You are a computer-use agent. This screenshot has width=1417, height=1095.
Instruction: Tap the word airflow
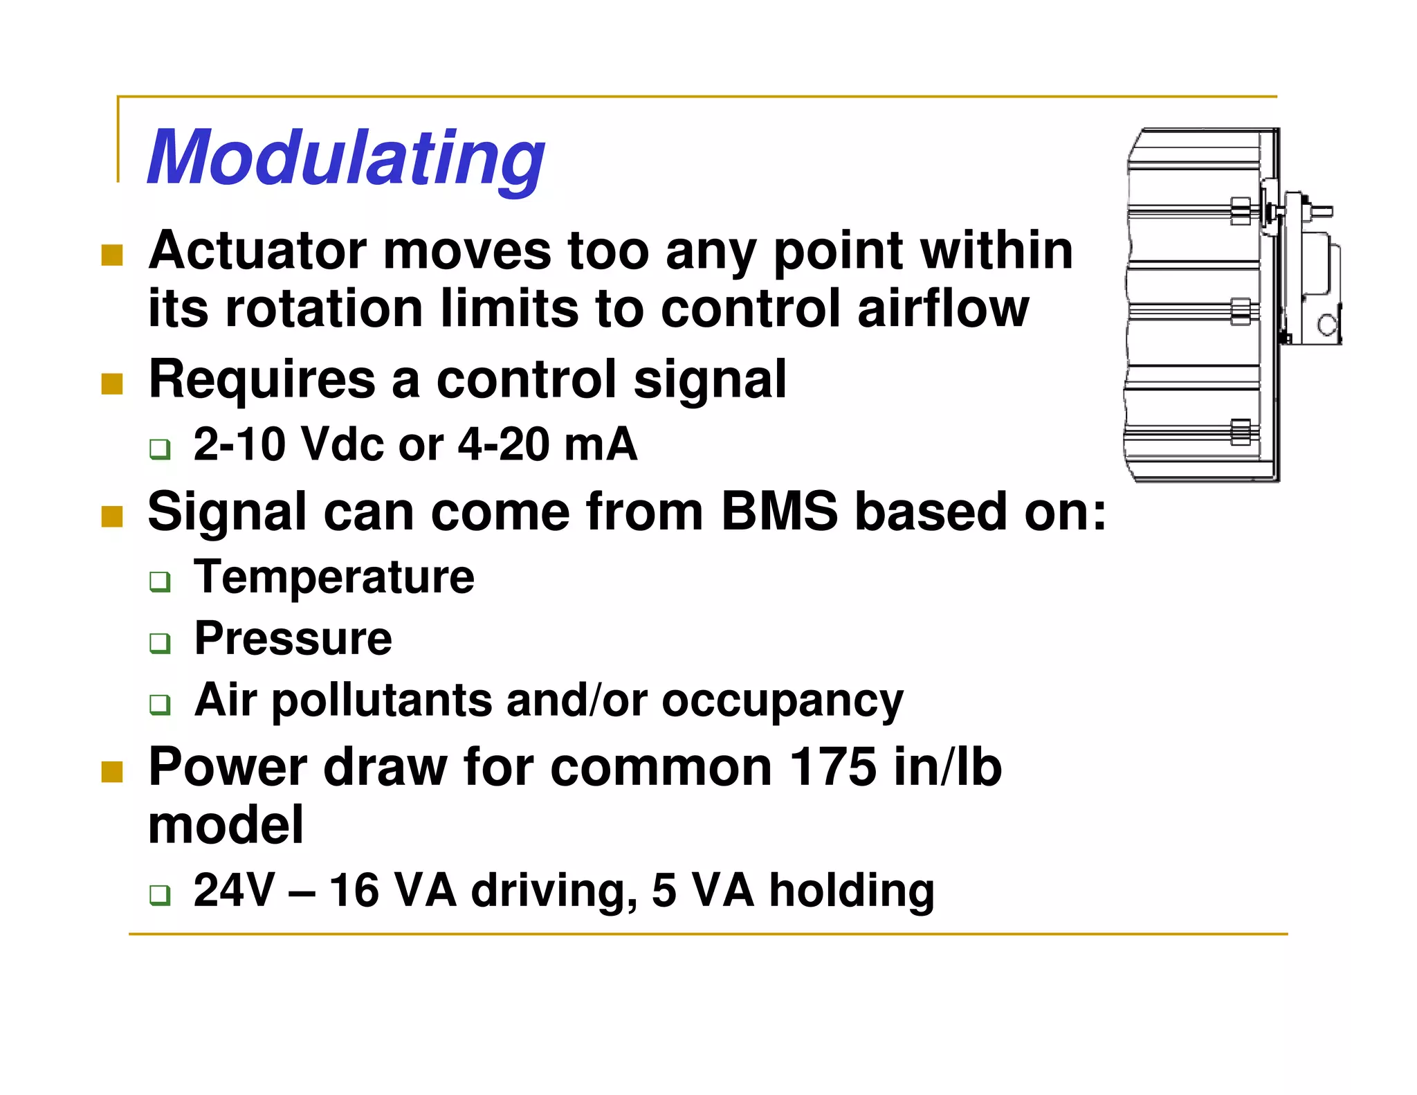[x=943, y=309]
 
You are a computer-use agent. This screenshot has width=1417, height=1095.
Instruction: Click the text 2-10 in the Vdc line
[x=239, y=444]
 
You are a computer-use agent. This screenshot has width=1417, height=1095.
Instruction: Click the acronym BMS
[x=778, y=512]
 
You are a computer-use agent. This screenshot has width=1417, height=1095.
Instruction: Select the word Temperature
[x=334, y=577]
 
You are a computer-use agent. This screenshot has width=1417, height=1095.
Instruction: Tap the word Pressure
[x=293, y=638]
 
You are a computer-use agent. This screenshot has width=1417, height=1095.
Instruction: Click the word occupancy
[x=783, y=700]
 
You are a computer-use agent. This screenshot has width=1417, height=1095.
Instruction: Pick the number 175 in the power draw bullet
[x=832, y=768]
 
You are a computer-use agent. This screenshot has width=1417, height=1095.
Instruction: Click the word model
[x=226, y=825]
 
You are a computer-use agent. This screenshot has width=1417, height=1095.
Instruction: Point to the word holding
[x=852, y=890]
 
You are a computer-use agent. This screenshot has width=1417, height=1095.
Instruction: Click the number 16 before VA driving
[x=354, y=890]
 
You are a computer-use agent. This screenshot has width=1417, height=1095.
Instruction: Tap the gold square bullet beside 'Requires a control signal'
[x=112, y=384]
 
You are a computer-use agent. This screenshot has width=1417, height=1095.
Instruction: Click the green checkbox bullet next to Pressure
[x=160, y=643]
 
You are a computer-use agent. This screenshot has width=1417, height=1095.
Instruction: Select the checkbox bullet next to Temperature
[x=160, y=581]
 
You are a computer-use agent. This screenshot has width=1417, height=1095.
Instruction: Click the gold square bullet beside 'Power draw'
[x=112, y=772]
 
